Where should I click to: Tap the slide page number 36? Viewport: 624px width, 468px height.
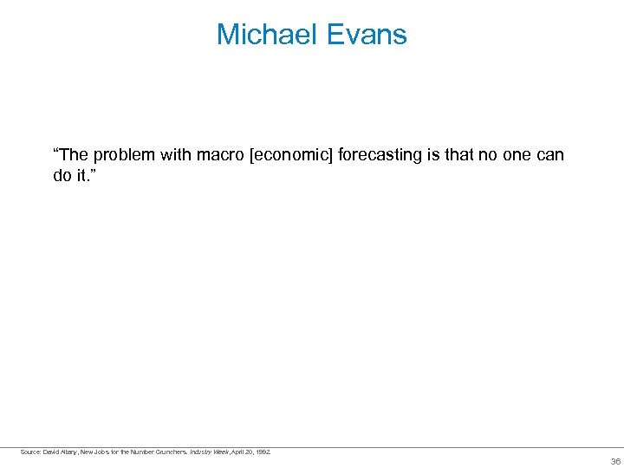coord(615,461)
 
